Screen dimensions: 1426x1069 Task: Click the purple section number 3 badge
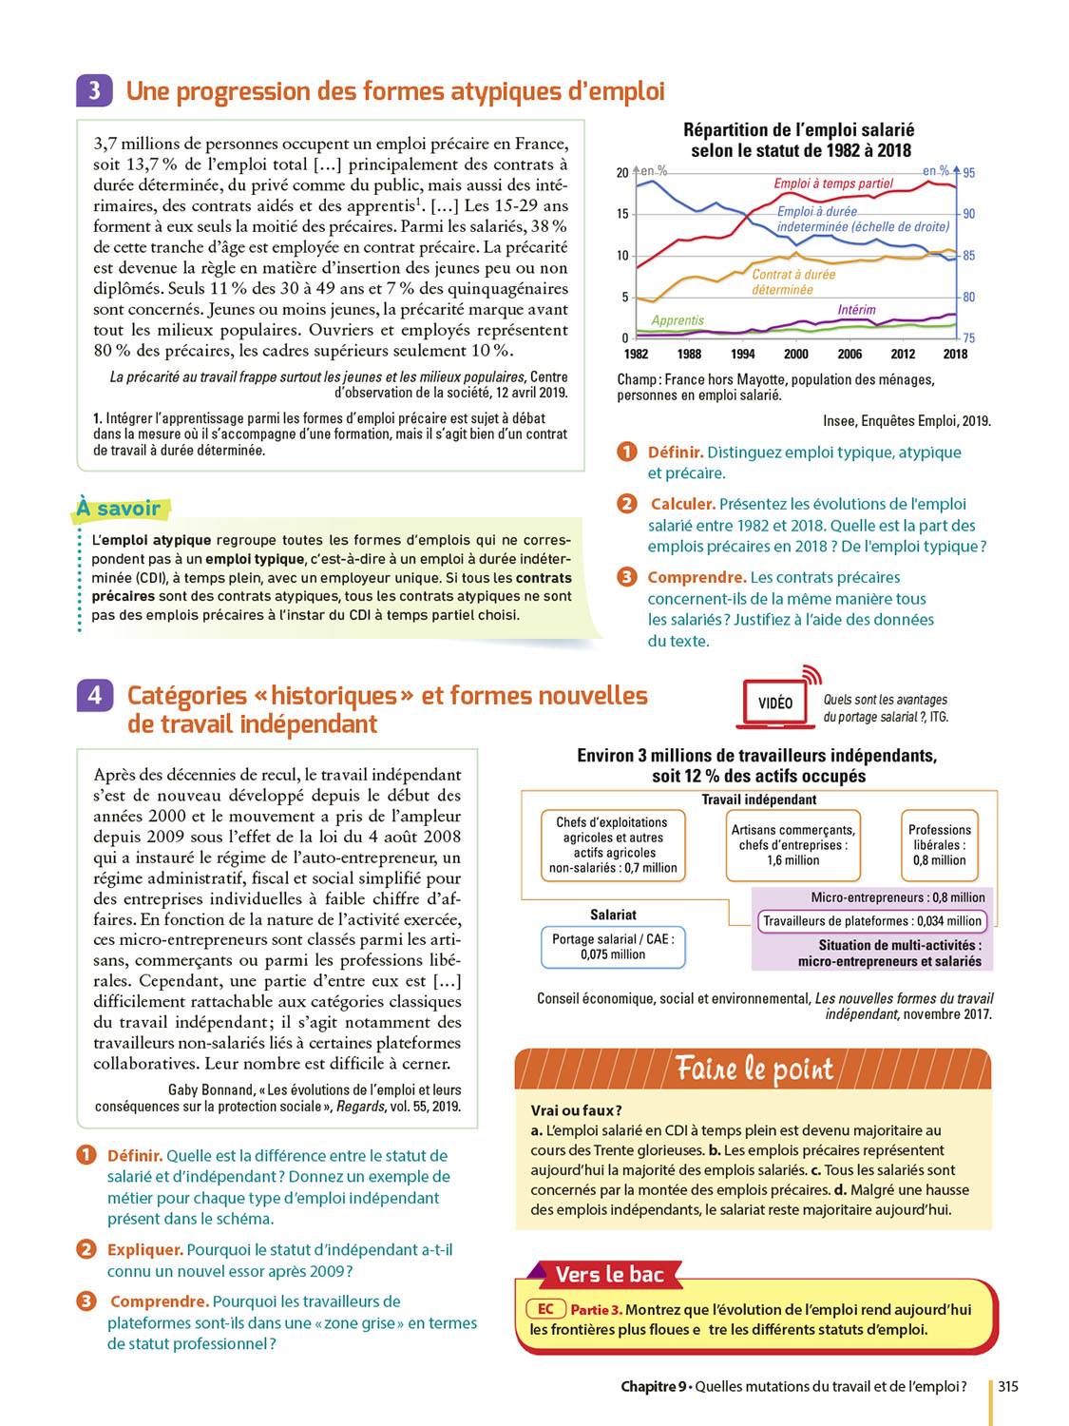tap(94, 90)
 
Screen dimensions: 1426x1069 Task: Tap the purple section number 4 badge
tap(94, 696)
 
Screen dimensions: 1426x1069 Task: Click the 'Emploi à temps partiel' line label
tap(833, 183)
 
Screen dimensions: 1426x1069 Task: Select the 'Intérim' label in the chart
tap(856, 310)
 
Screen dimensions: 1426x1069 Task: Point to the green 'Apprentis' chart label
tap(678, 320)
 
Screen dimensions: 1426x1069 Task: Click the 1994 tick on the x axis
tap(742, 354)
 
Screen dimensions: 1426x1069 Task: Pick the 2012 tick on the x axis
tap(903, 354)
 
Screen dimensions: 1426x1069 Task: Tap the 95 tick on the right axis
tap(968, 173)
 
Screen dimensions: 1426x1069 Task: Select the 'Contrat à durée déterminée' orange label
tap(793, 282)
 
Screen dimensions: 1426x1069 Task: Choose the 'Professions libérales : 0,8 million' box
tap(939, 845)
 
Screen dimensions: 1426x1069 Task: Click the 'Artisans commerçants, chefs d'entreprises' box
tap(792, 845)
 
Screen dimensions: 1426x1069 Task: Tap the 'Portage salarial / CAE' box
tap(613, 947)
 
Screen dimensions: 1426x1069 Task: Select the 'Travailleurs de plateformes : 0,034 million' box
tap(871, 921)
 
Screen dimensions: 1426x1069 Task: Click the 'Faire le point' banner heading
tap(754, 1069)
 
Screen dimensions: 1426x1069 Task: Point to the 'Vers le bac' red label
tap(609, 1275)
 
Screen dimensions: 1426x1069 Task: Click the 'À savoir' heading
tap(119, 509)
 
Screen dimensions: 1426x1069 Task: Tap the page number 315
tap(1008, 1387)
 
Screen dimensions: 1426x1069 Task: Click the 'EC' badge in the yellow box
tap(545, 1309)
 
